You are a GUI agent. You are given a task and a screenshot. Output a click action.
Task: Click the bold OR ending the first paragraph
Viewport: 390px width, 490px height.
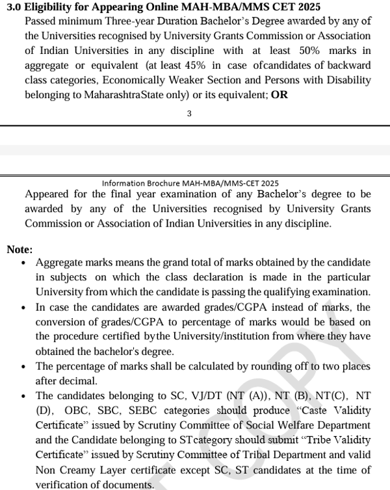tap(279, 95)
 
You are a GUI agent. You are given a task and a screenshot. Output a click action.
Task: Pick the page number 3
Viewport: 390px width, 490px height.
tap(189, 114)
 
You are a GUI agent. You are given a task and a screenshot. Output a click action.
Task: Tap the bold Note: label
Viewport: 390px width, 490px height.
tap(19, 249)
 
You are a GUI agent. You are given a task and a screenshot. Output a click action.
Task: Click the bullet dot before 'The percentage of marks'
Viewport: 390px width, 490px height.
tap(24, 367)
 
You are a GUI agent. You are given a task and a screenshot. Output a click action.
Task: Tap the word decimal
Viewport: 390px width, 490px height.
tap(80, 381)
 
